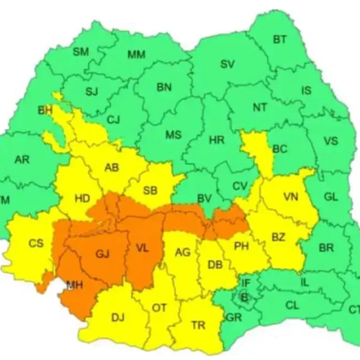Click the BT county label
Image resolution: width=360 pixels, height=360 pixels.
280,40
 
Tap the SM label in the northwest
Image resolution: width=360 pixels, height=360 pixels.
81,52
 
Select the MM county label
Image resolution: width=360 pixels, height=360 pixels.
136,55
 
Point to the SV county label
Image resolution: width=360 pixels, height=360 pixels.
228,64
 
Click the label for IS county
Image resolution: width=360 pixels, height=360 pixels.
307,91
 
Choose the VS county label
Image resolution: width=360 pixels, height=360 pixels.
330,140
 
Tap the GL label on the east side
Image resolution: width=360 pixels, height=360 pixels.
330,197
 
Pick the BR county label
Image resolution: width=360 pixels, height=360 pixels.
326,248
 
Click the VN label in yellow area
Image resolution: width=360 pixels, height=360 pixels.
291,197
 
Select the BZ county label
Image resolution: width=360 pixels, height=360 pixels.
279,236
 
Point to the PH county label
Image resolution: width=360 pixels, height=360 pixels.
242,246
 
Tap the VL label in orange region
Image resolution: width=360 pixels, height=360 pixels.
143,249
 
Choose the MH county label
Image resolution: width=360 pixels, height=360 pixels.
74,285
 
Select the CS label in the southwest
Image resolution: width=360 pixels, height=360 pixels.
36,243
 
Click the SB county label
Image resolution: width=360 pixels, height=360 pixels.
150,190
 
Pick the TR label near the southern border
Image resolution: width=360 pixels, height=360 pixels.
198,325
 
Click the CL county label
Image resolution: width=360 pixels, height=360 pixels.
292,305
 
